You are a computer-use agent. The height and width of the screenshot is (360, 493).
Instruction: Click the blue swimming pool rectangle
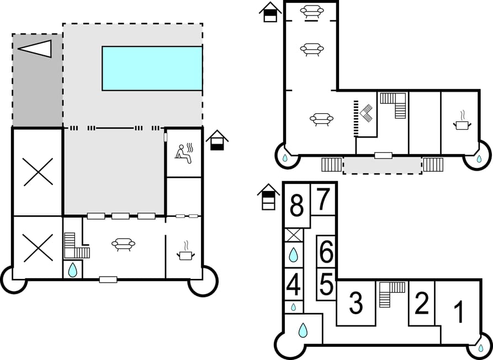[x=152, y=68]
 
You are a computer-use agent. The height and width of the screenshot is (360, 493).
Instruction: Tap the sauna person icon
[x=184, y=152]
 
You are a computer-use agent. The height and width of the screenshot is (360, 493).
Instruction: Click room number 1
[x=459, y=313]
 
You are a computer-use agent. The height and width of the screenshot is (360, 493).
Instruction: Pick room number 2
[x=421, y=304]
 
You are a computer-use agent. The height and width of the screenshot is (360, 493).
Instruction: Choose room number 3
[x=356, y=303]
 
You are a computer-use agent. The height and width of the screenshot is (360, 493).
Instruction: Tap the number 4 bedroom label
[x=294, y=285]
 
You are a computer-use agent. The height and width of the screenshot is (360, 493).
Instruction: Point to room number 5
[x=326, y=285]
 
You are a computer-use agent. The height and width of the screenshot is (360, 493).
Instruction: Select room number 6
[x=326, y=252]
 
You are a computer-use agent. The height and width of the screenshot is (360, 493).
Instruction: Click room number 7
[x=323, y=200]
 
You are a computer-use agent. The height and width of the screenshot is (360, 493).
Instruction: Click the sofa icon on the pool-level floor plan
[x=123, y=244]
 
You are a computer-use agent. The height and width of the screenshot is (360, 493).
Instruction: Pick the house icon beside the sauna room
[x=218, y=140]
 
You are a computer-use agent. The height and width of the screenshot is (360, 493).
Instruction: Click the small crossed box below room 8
[x=294, y=235]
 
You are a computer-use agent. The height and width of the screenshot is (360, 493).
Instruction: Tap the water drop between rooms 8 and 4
[x=294, y=255]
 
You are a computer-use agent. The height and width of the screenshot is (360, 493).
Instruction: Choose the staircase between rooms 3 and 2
[x=391, y=293]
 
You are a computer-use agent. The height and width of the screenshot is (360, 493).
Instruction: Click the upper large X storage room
[x=38, y=172]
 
